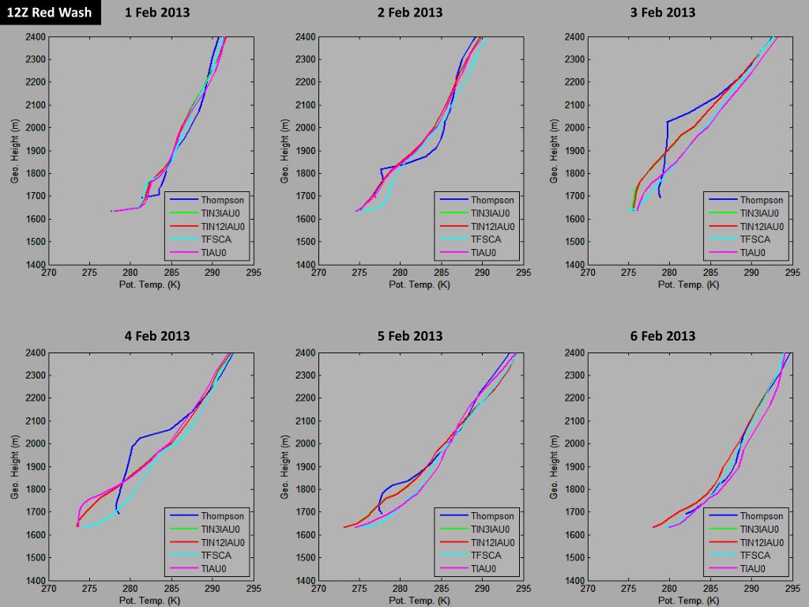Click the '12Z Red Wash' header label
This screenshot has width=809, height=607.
(49, 12)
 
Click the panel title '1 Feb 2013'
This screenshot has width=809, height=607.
(157, 13)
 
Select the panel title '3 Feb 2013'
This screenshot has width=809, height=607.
(663, 13)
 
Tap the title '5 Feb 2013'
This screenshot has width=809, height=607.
(410, 335)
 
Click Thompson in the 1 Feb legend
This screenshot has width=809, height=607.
(222, 200)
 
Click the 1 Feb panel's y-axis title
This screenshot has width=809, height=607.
(15, 151)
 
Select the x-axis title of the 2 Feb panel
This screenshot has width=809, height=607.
(420, 285)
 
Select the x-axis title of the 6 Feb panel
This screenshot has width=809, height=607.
(689, 601)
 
